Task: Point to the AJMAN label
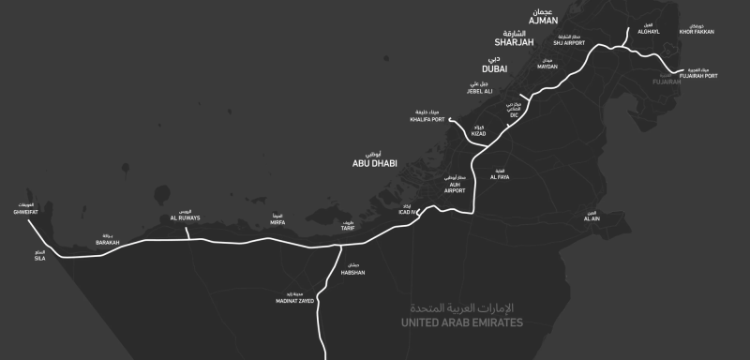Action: [543, 19]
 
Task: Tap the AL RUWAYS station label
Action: [187, 217]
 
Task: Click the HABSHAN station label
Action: [352, 272]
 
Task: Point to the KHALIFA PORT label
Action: [427, 119]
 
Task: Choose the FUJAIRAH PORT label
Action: [699, 75]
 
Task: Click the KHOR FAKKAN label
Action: [697, 32]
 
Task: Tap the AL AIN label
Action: [591, 217]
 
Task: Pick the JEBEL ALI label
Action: [480, 91]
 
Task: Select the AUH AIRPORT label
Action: [455, 187]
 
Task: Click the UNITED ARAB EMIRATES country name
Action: [461, 322]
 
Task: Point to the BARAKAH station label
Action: [108, 242]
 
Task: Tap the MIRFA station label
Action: [277, 224]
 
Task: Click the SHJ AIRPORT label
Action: [569, 42]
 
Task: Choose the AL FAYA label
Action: [500, 176]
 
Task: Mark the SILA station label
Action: [39, 258]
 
